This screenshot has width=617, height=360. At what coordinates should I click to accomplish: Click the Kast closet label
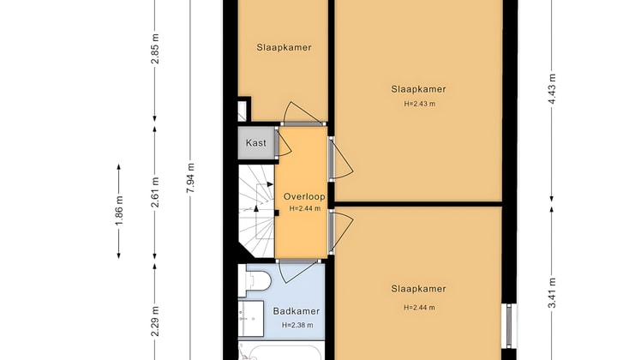pos(255,143)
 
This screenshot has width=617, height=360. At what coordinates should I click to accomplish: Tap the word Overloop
pos(303,196)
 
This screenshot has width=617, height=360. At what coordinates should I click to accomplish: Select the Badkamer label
pos(296,312)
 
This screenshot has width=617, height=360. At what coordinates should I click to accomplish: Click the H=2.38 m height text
pos(297,326)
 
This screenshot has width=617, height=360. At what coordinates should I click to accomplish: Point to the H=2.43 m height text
pos(419,104)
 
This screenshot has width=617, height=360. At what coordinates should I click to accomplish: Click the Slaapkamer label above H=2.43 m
pos(418,88)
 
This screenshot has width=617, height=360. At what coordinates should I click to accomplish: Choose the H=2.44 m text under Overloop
pos(304,208)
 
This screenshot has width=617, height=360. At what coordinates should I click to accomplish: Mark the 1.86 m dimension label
pos(119,211)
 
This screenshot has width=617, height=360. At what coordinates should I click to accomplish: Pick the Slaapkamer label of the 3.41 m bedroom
pos(418,289)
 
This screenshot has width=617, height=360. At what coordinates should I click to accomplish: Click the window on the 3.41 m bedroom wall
pos(511,323)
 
